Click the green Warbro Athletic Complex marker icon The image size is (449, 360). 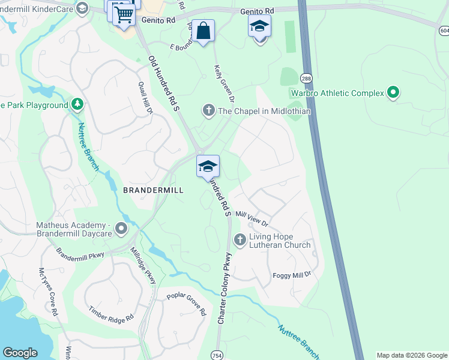pos(393,93)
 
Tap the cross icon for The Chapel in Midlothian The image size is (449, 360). pos(208,110)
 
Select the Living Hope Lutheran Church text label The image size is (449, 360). pos(280,241)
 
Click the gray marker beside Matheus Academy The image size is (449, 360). pos(122,229)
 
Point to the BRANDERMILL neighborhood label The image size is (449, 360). pos(152,190)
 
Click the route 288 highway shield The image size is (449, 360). pos(306,78)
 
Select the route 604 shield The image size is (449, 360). pos(444,31)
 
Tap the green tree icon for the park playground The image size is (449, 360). pos(77,105)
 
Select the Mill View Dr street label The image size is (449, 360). pos(252,218)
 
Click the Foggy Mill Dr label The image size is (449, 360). pos(292,274)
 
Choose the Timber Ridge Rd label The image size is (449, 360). pos(111,315)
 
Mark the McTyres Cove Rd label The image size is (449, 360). pos(49,292)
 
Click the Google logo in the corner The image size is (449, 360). pos(20,352)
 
